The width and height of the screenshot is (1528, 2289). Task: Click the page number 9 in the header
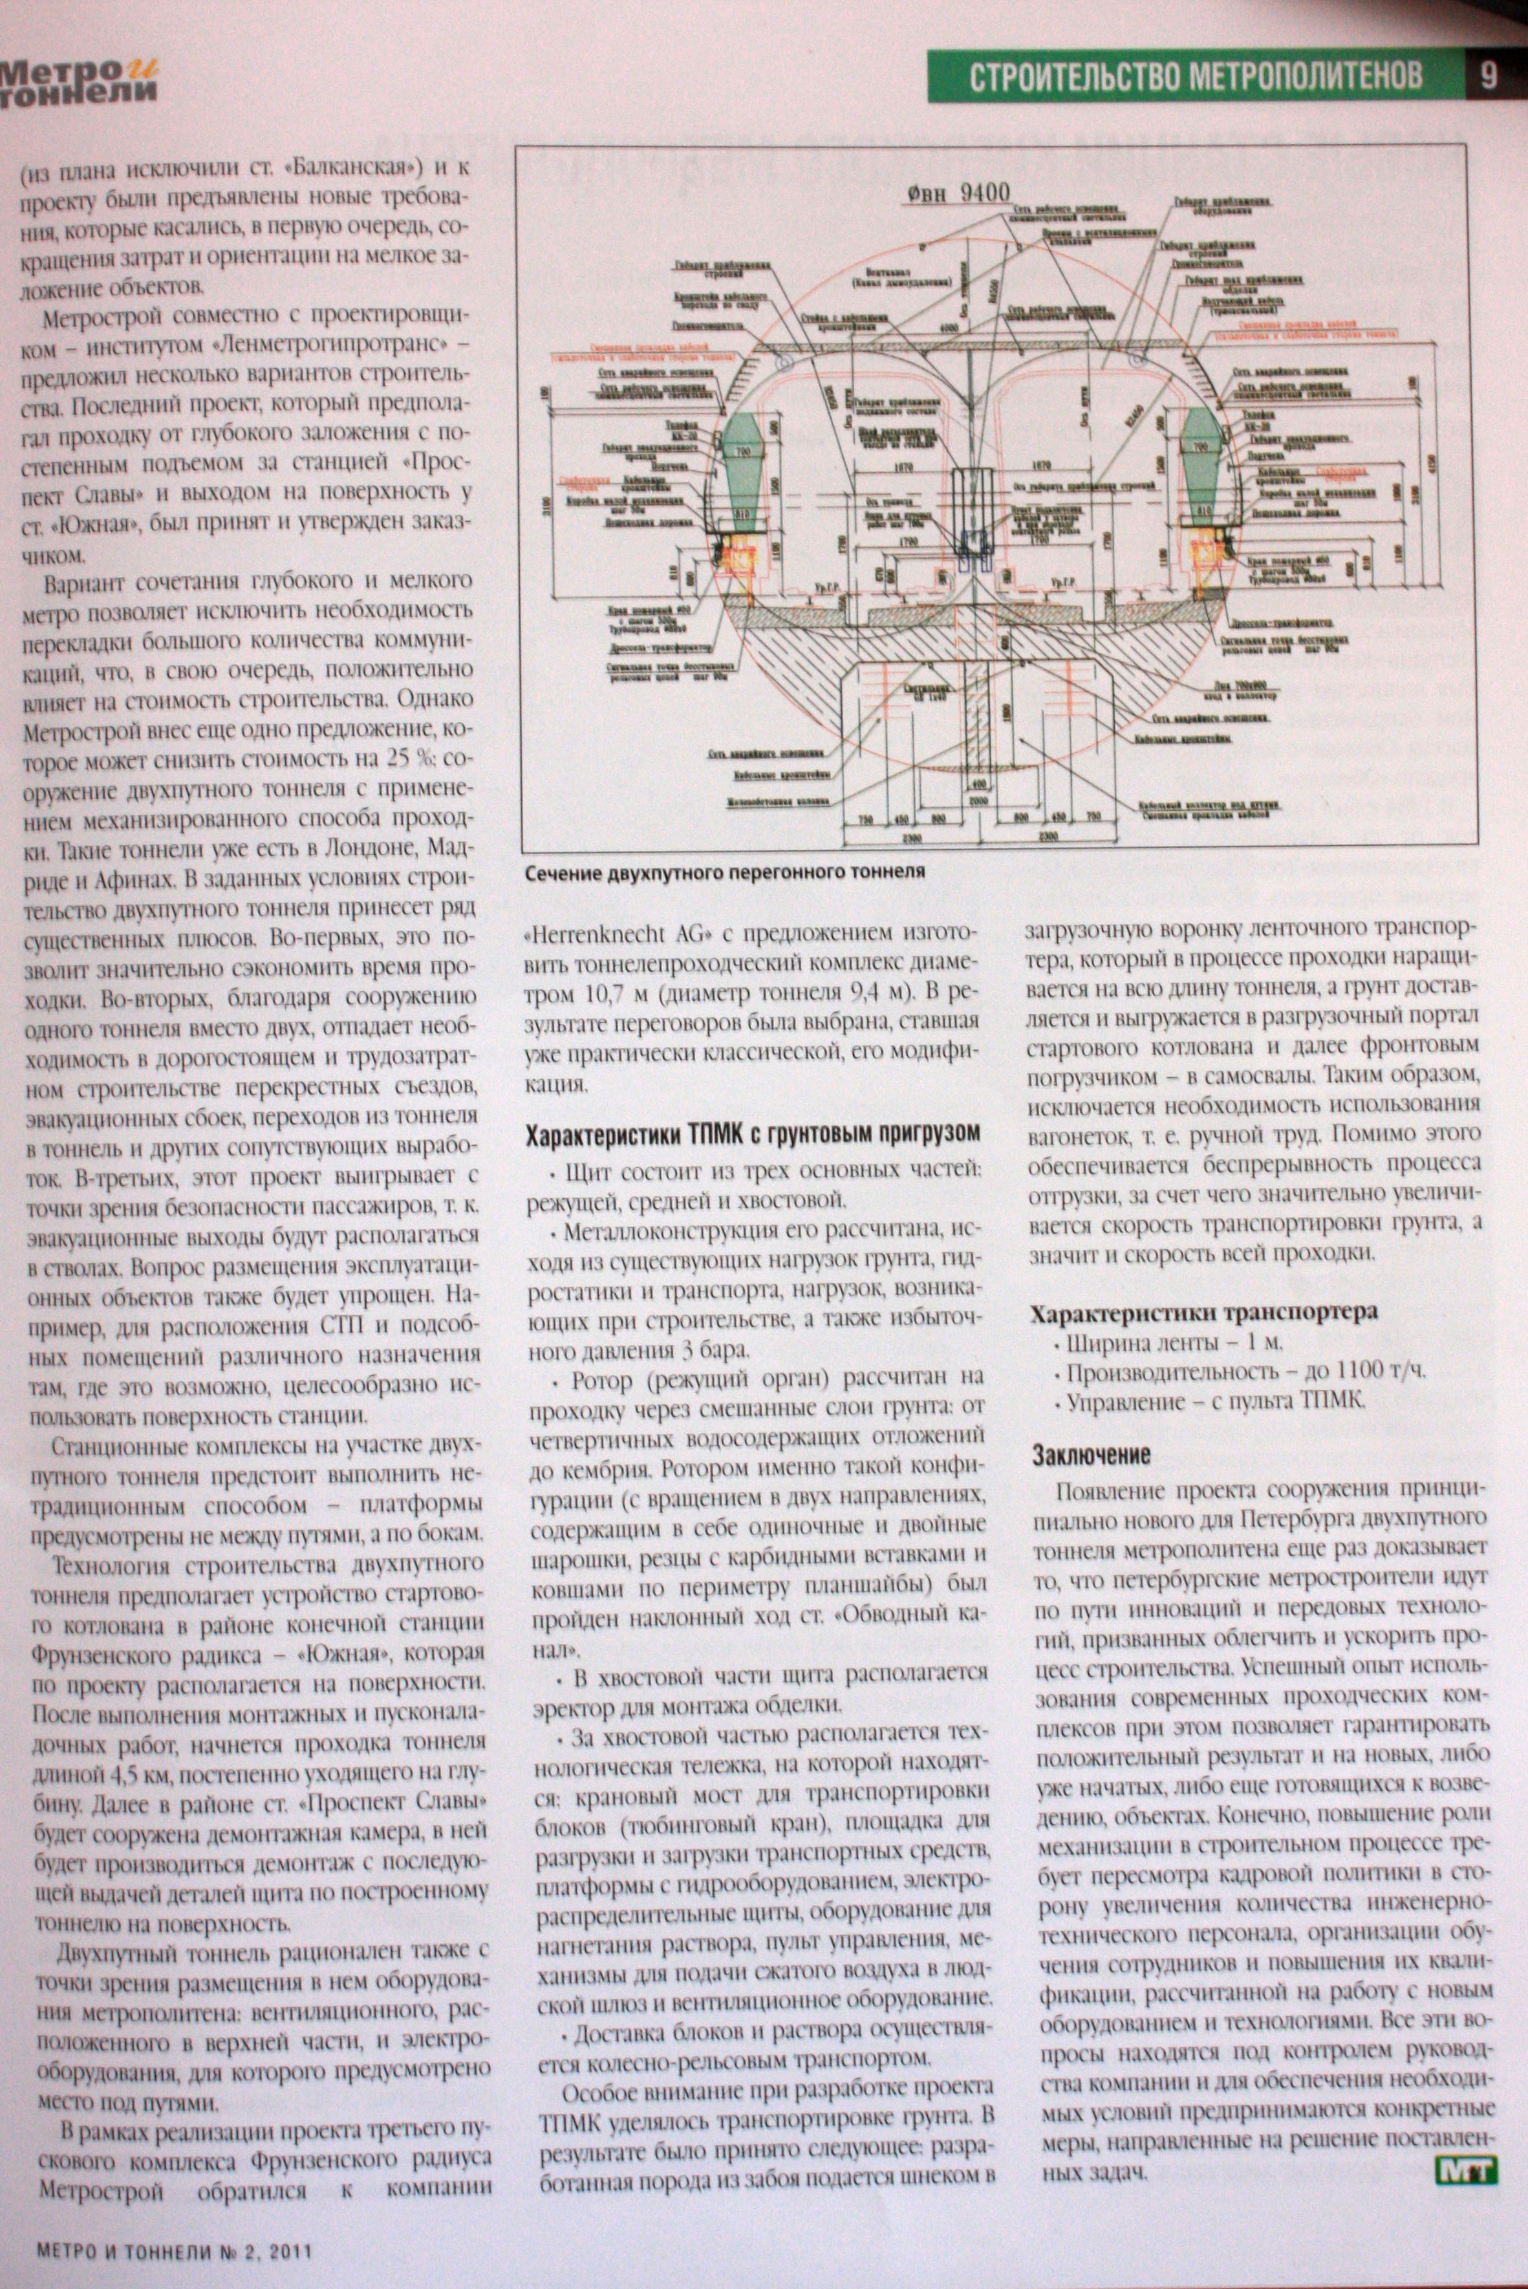point(1487,76)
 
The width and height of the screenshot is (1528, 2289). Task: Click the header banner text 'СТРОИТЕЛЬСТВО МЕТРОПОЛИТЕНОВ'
point(1196,76)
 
